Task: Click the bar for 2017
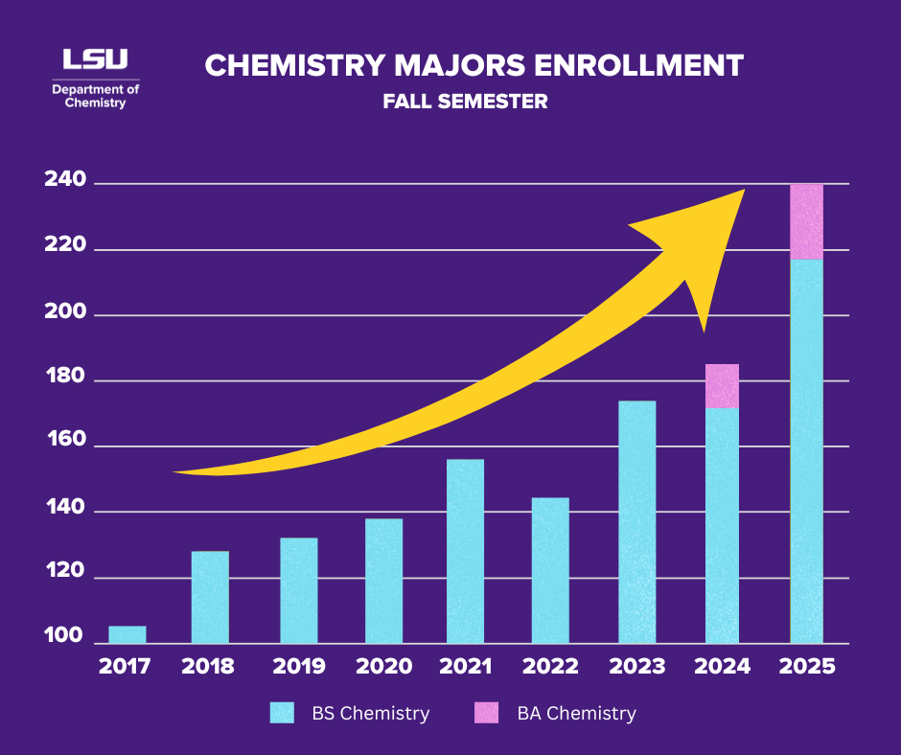point(127,634)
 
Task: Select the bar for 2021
point(465,551)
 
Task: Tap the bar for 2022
point(550,570)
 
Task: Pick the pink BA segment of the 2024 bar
point(722,386)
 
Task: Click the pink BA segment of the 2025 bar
point(806,221)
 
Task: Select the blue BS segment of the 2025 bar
point(806,450)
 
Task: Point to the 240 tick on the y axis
point(65,181)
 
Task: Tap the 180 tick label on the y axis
point(65,378)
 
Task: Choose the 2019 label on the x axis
point(298,667)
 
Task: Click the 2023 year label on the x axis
point(636,667)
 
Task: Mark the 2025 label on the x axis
point(807,667)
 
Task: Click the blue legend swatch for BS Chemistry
point(282,713)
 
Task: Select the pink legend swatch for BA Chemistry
point(488,713)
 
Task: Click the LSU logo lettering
point(95,59)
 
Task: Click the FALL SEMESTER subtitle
point(465,101)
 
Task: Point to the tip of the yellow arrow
point(743,191)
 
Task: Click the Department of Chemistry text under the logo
point(95,96)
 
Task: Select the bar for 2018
point(210,597)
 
